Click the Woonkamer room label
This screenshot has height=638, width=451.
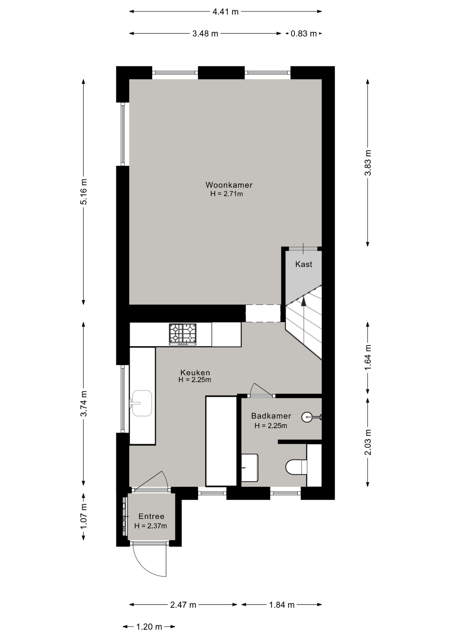[229, 185]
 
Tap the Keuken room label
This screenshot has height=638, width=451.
[195, 372]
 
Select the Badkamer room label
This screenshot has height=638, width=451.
[271, 416]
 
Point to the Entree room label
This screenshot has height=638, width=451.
[151, 516]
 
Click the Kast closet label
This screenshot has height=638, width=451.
[304, 264]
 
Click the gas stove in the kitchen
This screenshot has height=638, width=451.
[183, 334]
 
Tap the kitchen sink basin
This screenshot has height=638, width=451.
[142, 403]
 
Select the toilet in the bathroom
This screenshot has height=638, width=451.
[296, 467]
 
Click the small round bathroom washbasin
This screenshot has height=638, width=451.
[307, 417]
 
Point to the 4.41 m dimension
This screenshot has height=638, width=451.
[225, 12]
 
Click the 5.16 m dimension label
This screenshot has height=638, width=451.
[84, 192]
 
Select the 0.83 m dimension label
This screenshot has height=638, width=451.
[304, 34]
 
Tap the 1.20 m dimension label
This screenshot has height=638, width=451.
[149, 627]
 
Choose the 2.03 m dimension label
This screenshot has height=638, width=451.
[368, 442]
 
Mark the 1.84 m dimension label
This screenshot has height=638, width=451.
[282, 605]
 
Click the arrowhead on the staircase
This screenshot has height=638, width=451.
[304, 301]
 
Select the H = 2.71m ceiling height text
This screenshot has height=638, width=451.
[226, 194]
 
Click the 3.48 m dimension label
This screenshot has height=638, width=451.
[205, 34]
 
